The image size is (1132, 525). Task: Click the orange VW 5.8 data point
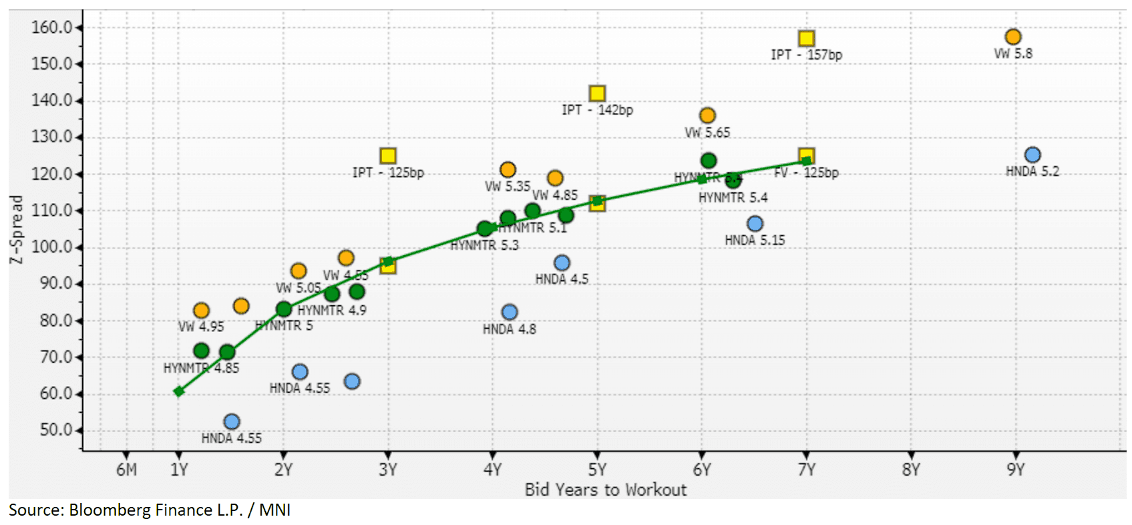pyautogui.click(x=1012, y=37)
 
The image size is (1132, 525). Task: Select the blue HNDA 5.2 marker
pyautogui.click(x=1032, y=155)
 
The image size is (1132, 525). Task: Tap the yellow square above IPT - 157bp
pyautogui.click(x=806, y=39)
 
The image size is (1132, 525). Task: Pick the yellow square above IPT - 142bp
pyautogui.click(x=597, y=94)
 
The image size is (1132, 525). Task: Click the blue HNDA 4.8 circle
pyautogui.click(x=509, y=312)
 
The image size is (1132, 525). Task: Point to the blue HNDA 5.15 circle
pyautogui.click(x=755, y=224)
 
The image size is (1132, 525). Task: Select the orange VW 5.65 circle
pyautogui.click(x=707, y=116)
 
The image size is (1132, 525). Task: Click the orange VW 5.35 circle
pyautogui.click(x=508, y=170)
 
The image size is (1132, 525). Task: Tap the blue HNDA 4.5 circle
pyautogui.click(x=562, y=263)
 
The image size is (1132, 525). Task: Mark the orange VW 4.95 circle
pyautogui.click(x=201, y=311)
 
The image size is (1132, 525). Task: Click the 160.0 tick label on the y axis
pyautogui.click(x=51, y=27)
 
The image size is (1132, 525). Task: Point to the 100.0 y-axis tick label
pyautogui.click(x=51, y=247)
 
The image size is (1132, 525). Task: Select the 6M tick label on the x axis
pyautogui.click(x=126, y=470)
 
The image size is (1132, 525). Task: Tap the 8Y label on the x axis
pyautogui.click(x=910, y=470)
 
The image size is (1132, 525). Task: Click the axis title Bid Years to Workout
pyautogui.click(x=605, y=490)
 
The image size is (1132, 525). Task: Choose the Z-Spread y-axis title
pyautogui.click(x=16, y=229)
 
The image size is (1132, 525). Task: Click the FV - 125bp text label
pyautogui.click(x=806, y=172)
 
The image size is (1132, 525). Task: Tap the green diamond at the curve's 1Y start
pyautogui.click(x=178, y=391)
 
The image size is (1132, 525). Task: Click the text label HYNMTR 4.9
pyautogui.click(x=332, y=311)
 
